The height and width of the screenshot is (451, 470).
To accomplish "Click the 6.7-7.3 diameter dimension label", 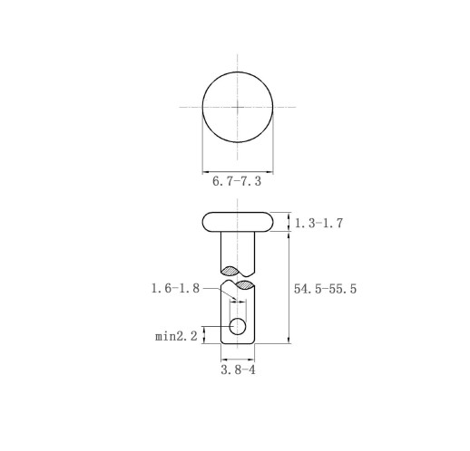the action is (x=237, y=181).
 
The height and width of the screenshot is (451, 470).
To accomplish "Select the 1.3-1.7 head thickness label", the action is (x=318, y=223).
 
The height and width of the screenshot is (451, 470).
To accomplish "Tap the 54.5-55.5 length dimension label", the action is (x=325, y=289).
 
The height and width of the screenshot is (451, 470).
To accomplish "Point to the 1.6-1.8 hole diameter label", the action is (x=175, y=288).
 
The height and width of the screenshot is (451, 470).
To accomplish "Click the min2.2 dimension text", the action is (x=176, y=336).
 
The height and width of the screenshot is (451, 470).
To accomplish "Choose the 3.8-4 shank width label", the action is (x=238, y=369).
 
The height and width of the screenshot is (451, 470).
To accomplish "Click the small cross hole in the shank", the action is (x=238, y=326).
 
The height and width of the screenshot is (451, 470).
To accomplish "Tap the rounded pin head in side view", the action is (x=238, y=222).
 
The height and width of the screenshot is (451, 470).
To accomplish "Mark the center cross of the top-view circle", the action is (x=238, y=107).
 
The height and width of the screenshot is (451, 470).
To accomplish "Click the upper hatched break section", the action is (x=231, y=271).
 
